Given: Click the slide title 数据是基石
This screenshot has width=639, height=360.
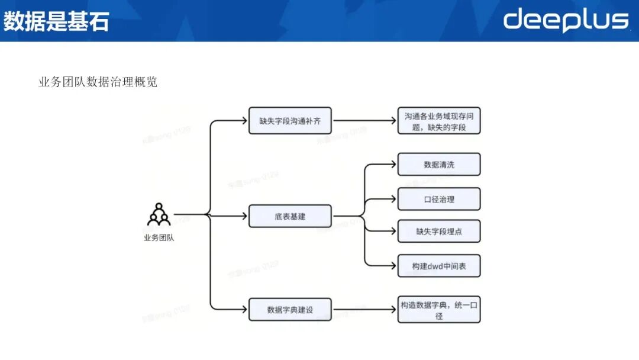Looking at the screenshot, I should [x=56, y=21].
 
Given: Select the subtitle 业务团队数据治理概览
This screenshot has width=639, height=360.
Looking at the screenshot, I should [x=98, y=82].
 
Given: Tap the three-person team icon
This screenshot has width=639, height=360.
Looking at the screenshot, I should [x=159, y=215].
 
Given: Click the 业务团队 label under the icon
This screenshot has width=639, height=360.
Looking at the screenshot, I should [x=159, y=238].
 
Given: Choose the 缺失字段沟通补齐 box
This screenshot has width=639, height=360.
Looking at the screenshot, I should [x=290, y=121].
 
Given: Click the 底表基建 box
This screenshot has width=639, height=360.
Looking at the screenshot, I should [x=290, y=216].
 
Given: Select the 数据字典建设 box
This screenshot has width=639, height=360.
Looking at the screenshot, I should [x=290, y=310].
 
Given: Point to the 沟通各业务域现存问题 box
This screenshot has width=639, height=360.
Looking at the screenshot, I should [x=439, y=121].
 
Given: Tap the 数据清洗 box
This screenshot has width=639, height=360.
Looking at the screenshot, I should [x=439, y=165].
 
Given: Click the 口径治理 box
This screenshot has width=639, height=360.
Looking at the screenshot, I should [x=439, y=200].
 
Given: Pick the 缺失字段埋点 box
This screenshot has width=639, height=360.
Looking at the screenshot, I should [x=439, y=232].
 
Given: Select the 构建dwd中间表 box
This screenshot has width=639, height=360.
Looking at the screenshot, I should [x=439, y=266].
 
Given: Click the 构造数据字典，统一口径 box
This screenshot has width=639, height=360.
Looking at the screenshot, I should [x=439, y=310].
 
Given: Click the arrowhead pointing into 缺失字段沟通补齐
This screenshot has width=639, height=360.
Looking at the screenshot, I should [x=244, y=121].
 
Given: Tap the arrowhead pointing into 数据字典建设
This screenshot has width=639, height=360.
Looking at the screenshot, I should [x=244, y=310].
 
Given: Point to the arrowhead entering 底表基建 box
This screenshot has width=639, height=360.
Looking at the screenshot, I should [x=244, y=216].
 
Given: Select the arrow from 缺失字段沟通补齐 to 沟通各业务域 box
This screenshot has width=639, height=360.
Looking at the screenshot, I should [x=364, y=121].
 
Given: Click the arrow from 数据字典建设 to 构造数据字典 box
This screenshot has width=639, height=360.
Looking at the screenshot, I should [x=364, y=310].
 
